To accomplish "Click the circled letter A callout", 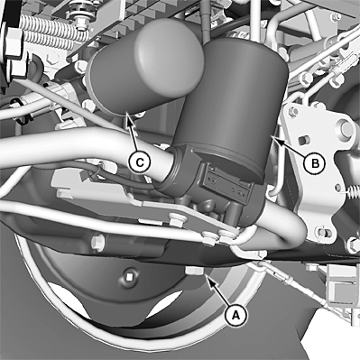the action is tap(235, 315).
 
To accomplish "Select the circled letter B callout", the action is tap(315, 163).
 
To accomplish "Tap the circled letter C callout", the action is tap(139, 162).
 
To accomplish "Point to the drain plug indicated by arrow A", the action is tap(195, 271).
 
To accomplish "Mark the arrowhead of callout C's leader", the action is tap(129, 116).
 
